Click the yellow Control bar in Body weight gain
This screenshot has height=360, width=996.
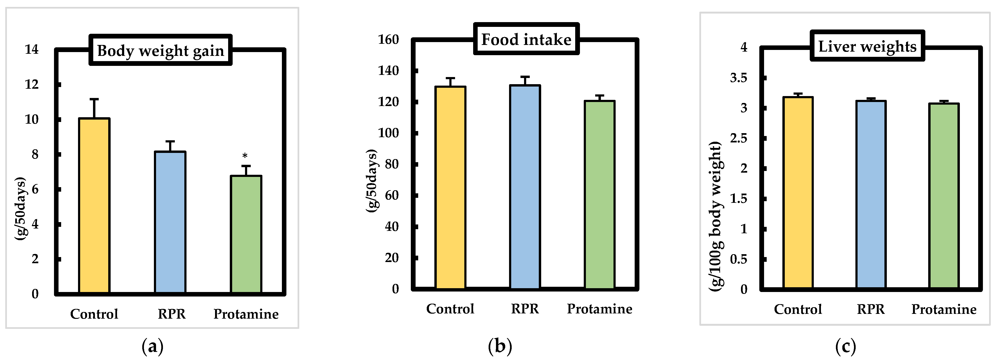94,205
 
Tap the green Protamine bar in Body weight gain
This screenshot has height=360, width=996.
246,234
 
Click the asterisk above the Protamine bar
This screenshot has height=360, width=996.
245,156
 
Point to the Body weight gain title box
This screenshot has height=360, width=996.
161,50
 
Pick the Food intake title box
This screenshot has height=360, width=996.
526,39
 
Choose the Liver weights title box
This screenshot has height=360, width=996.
867,46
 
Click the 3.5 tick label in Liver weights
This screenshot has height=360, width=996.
738,78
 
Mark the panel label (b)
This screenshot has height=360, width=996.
500,346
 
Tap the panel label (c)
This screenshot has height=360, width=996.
846,346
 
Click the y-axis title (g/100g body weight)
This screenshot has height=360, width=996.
715,217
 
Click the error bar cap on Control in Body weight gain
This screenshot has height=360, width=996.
94,99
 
